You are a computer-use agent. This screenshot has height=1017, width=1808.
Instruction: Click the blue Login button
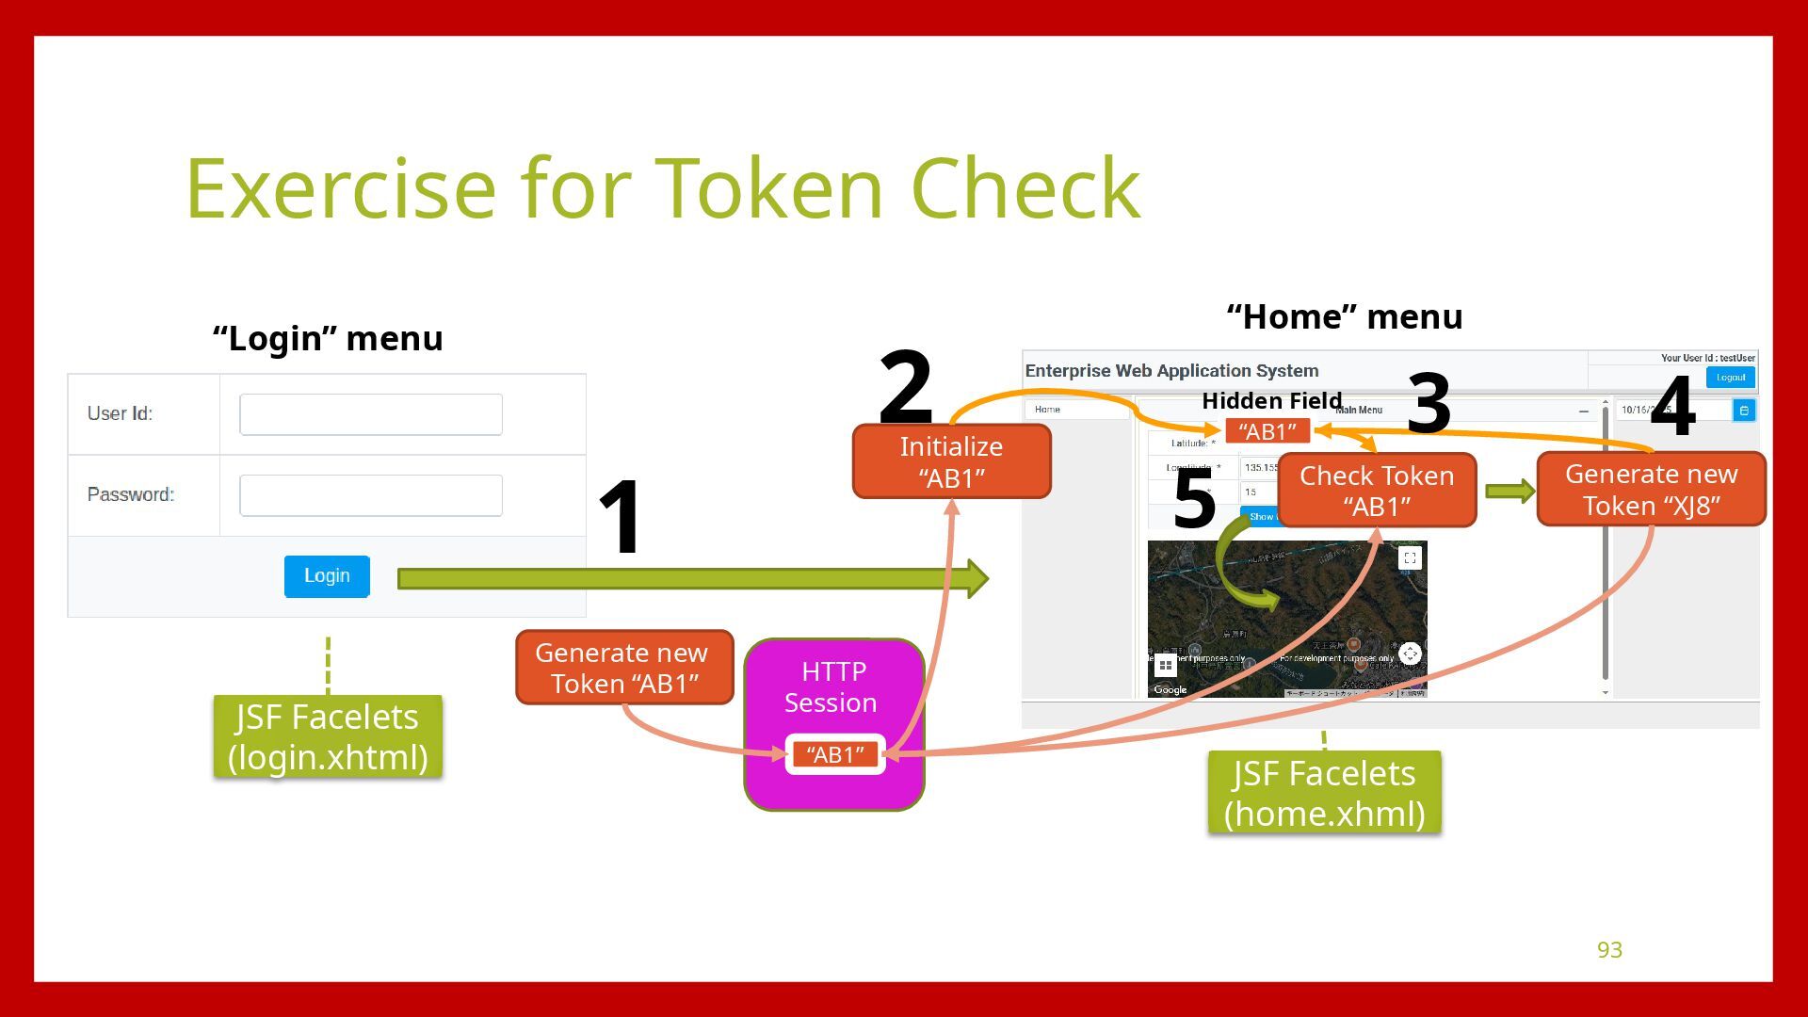coord(327,576)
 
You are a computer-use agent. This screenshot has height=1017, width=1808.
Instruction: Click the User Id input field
coord(371,414)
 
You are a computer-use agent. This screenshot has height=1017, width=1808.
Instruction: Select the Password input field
coord(371,495)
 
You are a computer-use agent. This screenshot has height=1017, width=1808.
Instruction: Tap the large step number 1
coord(621,517)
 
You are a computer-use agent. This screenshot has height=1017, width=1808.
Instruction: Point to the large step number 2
coord(906,386)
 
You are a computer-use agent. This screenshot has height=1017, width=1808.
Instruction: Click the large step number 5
coord(1194,499)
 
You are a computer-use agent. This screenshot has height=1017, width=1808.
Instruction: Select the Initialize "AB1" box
coord(951,461)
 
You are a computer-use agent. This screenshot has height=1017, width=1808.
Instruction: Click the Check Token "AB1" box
coord(1377,491)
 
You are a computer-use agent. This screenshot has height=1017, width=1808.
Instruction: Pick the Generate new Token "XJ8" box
coord(1651,490)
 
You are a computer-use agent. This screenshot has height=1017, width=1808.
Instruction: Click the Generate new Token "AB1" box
coord(624,668)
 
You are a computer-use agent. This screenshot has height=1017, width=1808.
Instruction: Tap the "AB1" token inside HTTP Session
coord(835,754)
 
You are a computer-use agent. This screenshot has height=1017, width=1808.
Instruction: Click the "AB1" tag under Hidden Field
coord(1267,431)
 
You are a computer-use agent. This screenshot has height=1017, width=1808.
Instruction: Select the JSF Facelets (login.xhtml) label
coord(328,736)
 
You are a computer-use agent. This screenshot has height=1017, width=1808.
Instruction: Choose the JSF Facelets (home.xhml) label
coord(1324,793)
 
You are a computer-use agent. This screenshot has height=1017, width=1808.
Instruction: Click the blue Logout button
coord(1731,378)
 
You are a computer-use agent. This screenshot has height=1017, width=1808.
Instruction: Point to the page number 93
coord(1609,950)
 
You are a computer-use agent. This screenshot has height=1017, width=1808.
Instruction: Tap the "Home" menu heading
coord(1345,317)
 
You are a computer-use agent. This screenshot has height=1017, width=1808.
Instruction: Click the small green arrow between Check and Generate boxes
coord(1510,491)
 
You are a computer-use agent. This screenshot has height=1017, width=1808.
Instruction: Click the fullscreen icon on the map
coord(1410,557)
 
